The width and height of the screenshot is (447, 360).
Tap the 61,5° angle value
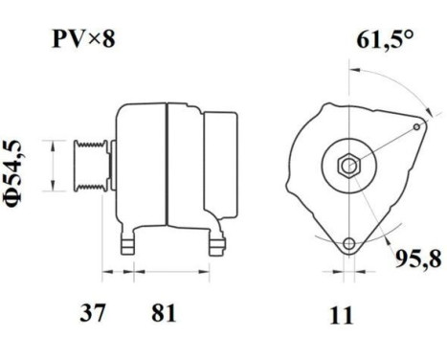(x=382, y=42)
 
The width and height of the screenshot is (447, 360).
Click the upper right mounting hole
(x=418, y=127)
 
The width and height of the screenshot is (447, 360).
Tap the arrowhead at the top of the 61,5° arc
(x=355, y=71)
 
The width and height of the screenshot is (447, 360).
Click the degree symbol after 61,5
(x=411, y=36)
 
